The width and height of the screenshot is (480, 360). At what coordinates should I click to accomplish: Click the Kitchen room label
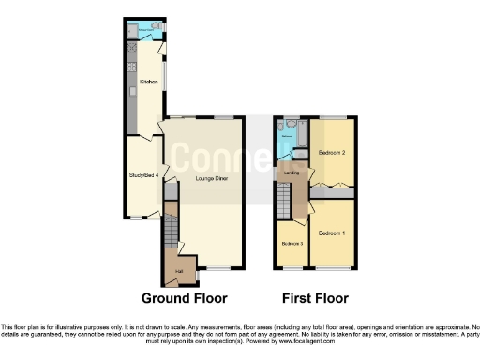148,82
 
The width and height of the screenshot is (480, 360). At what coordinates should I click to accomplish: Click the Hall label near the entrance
178,273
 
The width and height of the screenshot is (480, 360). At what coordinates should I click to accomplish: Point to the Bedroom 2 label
332,152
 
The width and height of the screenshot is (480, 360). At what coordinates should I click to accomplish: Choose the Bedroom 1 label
331,232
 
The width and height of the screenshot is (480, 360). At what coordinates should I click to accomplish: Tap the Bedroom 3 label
292,244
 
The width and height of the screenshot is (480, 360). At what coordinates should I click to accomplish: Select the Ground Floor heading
184,298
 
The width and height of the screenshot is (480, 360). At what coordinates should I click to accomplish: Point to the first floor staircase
282,201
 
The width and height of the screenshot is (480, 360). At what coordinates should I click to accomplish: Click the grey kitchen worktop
132,84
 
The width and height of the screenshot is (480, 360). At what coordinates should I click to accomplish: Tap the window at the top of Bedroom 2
332,116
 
